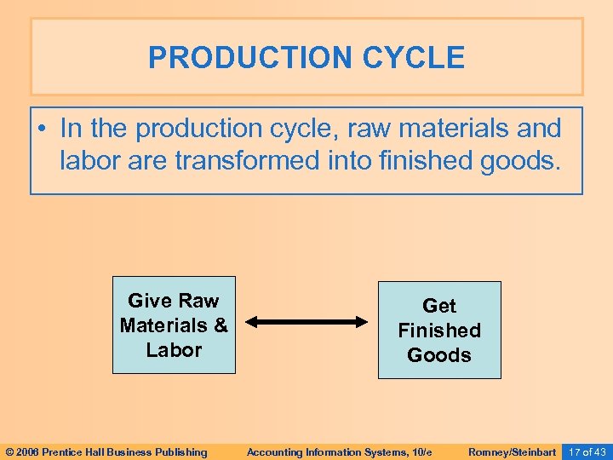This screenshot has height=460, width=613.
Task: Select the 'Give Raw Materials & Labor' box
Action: coord(174,325)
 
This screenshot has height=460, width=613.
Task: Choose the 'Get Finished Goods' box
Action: coord(439,330)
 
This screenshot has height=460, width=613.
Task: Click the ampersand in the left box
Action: coord(221,325)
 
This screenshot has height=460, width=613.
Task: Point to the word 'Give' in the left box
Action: coord(149,301)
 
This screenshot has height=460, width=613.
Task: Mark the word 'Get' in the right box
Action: coord(439,306)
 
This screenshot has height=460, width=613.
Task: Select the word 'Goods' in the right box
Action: coord(439,354)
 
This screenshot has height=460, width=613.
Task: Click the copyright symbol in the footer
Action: coord(10,451)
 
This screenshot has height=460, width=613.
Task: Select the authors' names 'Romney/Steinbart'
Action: coord(512,451)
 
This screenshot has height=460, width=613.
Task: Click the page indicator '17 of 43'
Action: coord(587,451)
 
